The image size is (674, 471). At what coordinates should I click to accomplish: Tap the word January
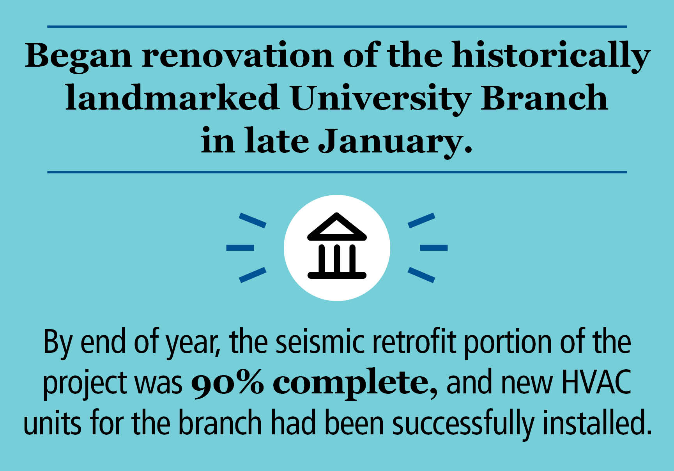[395, 141]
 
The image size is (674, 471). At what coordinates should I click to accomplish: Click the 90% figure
[227, 383]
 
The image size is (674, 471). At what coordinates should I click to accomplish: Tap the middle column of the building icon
[337, 258]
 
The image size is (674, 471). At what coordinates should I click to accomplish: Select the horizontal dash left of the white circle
[240, 248]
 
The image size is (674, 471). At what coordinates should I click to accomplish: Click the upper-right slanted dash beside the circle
[421, 221]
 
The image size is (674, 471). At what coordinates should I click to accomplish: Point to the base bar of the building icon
[337, 275]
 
